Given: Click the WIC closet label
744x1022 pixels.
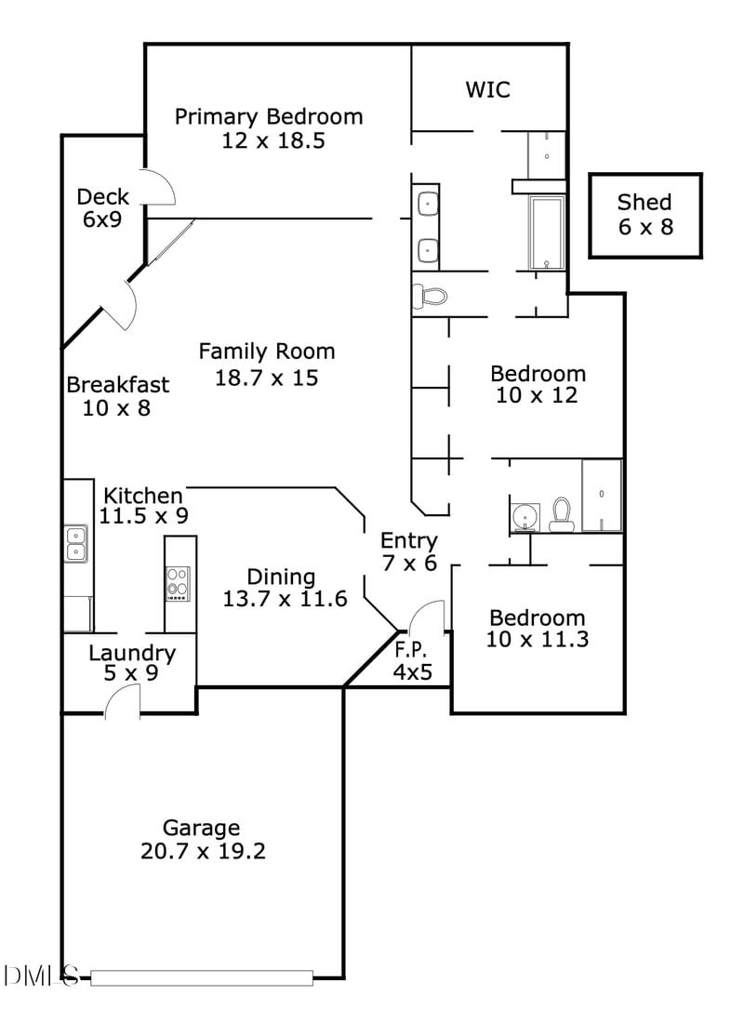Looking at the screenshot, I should tap(488, 90).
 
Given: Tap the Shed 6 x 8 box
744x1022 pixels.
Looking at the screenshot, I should tap(645, 214).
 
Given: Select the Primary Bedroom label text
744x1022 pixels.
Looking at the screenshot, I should tap(270, 117).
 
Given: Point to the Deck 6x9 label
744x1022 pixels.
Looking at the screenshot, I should tap(102, 207).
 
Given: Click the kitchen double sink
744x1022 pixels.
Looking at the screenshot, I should tap(75, 543).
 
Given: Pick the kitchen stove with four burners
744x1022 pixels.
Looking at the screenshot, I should tap(178, 583).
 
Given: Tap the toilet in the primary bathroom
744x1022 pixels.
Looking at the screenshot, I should tap(431, 296).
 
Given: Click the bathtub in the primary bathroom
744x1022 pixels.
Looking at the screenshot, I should tap(547, 232).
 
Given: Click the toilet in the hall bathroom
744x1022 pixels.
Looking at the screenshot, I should tap(561, 514).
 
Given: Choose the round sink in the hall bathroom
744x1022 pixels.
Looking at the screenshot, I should tap(525, 515).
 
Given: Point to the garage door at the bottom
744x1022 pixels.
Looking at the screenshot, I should tap(202, 977).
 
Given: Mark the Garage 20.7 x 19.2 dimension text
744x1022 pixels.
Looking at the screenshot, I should tap(202, 850).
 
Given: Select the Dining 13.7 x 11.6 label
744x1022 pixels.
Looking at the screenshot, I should tap(285, 588).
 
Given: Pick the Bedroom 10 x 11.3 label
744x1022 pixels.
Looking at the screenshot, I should tap(538, 628).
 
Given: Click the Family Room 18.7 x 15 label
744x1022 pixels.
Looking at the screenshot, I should tap(267, 364).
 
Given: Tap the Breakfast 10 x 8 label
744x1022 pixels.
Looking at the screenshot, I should tap(118, 395).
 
